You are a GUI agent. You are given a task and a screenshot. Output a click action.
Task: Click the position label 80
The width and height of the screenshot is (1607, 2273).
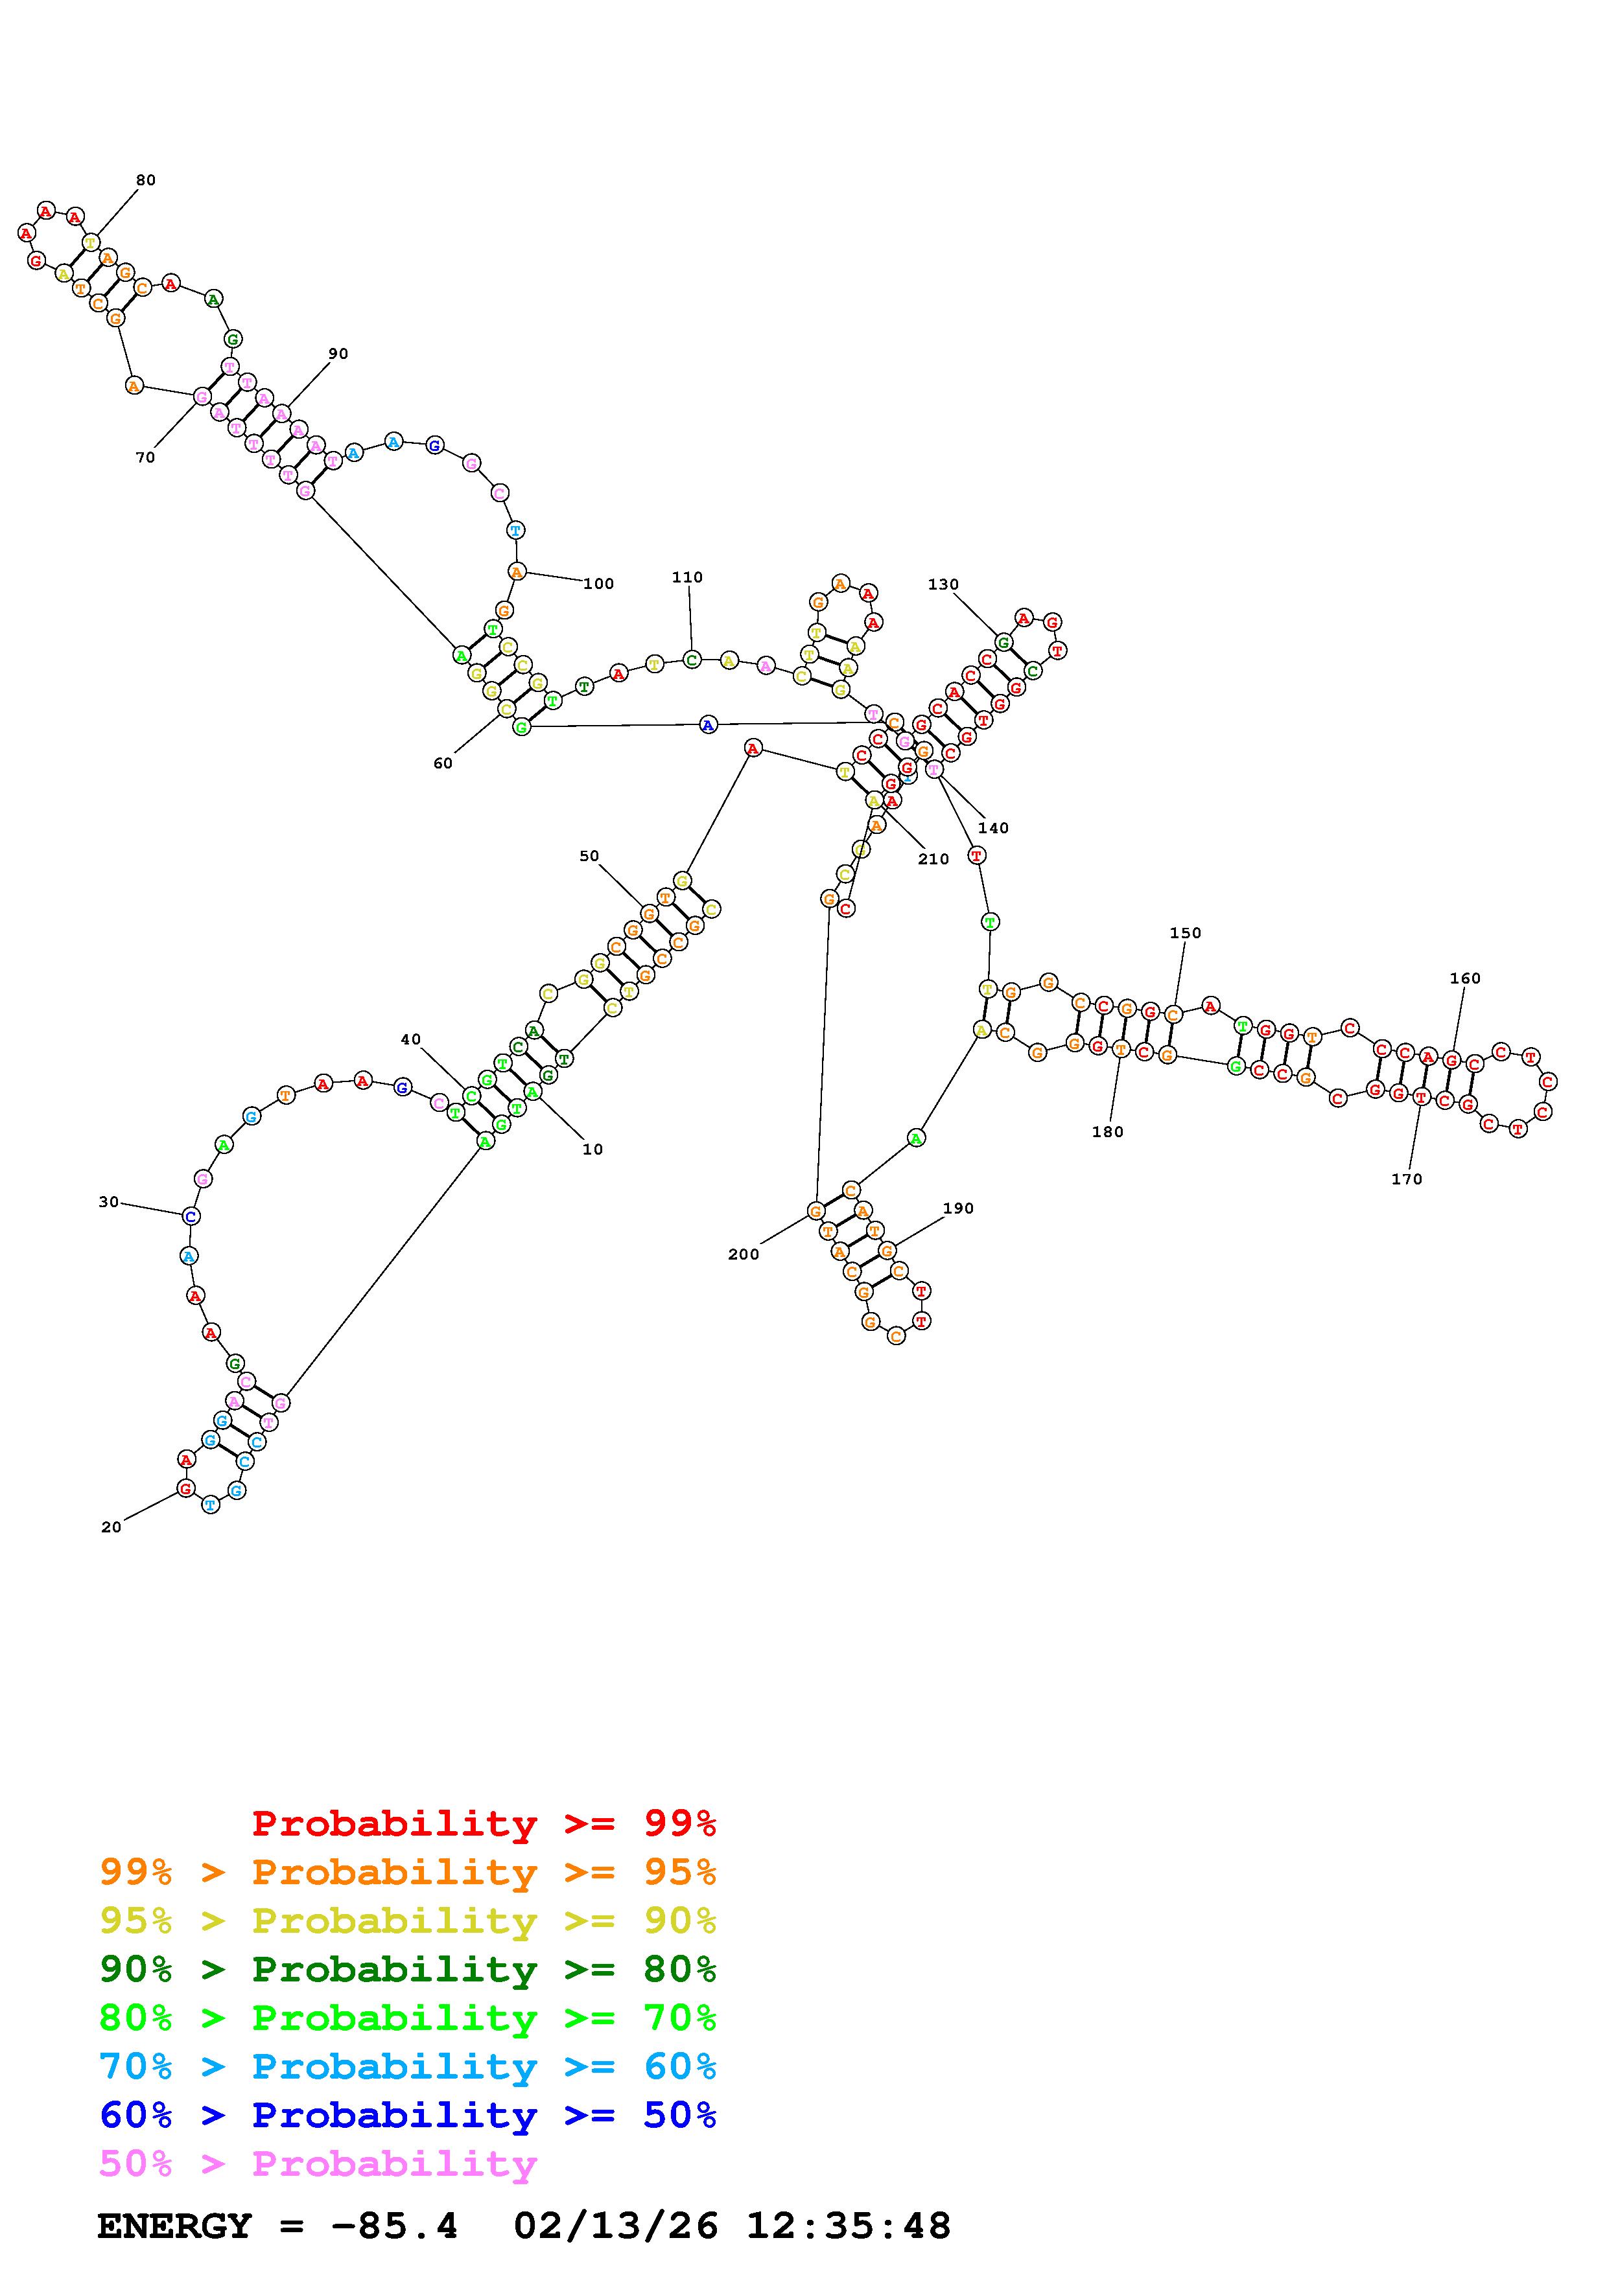click(146, 180)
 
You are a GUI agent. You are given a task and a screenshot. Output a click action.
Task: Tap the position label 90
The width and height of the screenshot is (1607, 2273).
click(338, 353)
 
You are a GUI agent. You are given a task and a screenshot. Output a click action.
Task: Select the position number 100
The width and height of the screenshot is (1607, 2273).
click(598, 584)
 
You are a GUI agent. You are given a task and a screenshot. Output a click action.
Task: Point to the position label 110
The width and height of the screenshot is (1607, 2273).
click(687, 577)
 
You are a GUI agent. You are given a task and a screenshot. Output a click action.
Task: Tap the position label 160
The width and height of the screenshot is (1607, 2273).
click(1464, 978)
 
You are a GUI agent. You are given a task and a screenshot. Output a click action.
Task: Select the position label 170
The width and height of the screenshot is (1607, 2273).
click(1406, 1179)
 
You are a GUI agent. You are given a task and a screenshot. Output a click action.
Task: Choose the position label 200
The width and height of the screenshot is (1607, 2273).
click(743, 1254)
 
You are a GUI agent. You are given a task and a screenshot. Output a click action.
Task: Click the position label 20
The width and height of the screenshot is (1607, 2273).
click(111, 1528)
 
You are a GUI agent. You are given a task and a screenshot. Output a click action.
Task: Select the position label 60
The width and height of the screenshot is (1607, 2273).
click(443, 763)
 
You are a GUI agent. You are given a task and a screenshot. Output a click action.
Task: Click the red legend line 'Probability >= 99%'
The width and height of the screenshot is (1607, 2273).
click(483, 1823)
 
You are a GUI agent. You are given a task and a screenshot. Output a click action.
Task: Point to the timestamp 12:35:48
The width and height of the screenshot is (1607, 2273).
click(847, 2226)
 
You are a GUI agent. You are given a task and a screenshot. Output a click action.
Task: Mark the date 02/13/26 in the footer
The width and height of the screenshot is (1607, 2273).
click(616, 2226)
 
